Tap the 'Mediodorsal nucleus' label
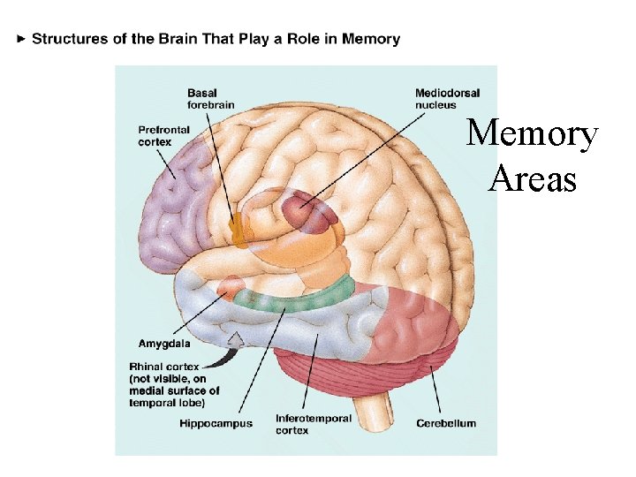448,99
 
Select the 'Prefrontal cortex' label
164,136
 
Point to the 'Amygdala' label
164,343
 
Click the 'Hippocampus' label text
216,424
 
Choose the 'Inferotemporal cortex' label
314,424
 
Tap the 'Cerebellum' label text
446,424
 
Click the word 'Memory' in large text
533,135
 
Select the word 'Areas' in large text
533,179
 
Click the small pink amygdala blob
230,285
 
